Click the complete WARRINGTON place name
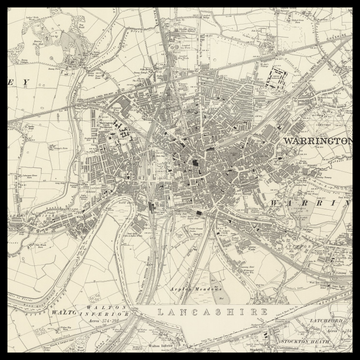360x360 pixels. click(319, 142)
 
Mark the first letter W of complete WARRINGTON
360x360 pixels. click(288, 142)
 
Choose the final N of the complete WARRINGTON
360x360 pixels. click(352, 142)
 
